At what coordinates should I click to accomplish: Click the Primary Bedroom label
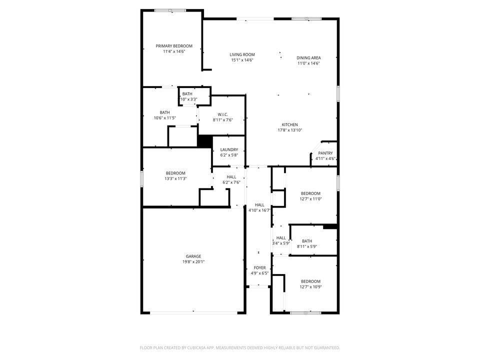(x=174, y=46)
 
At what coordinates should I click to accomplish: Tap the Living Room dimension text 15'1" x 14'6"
(x=242, y=60)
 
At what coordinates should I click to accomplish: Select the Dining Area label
(x=308, y=57)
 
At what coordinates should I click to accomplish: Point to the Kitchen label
(x=289, y=124)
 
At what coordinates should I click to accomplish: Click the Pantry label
(x=325, y=153)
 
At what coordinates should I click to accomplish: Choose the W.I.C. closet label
(x=223, y=114)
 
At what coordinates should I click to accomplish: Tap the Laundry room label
(x=229, y=149)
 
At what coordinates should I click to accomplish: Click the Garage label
(x=193, y=256)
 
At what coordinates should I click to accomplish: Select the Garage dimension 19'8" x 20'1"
(x=193, y=261)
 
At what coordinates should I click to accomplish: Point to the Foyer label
(x=259, y=267)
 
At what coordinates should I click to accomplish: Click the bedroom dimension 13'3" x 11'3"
(x=175, y=178)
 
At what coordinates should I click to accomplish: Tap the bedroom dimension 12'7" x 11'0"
(x=310, y=198)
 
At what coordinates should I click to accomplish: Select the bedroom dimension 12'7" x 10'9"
(x=310, y=287)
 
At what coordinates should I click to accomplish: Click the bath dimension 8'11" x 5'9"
(x=307, y=246)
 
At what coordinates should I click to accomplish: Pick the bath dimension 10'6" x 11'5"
(x=164, y=118)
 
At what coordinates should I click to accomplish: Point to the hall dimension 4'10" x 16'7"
(x=259, y=210)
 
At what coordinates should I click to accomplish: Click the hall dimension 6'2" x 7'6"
(x=231, y=182)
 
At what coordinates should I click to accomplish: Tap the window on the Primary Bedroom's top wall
(x=170, y=10)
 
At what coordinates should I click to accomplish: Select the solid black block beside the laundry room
(x=205, y=141)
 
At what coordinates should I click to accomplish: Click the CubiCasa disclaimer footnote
(x=239, y=348)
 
